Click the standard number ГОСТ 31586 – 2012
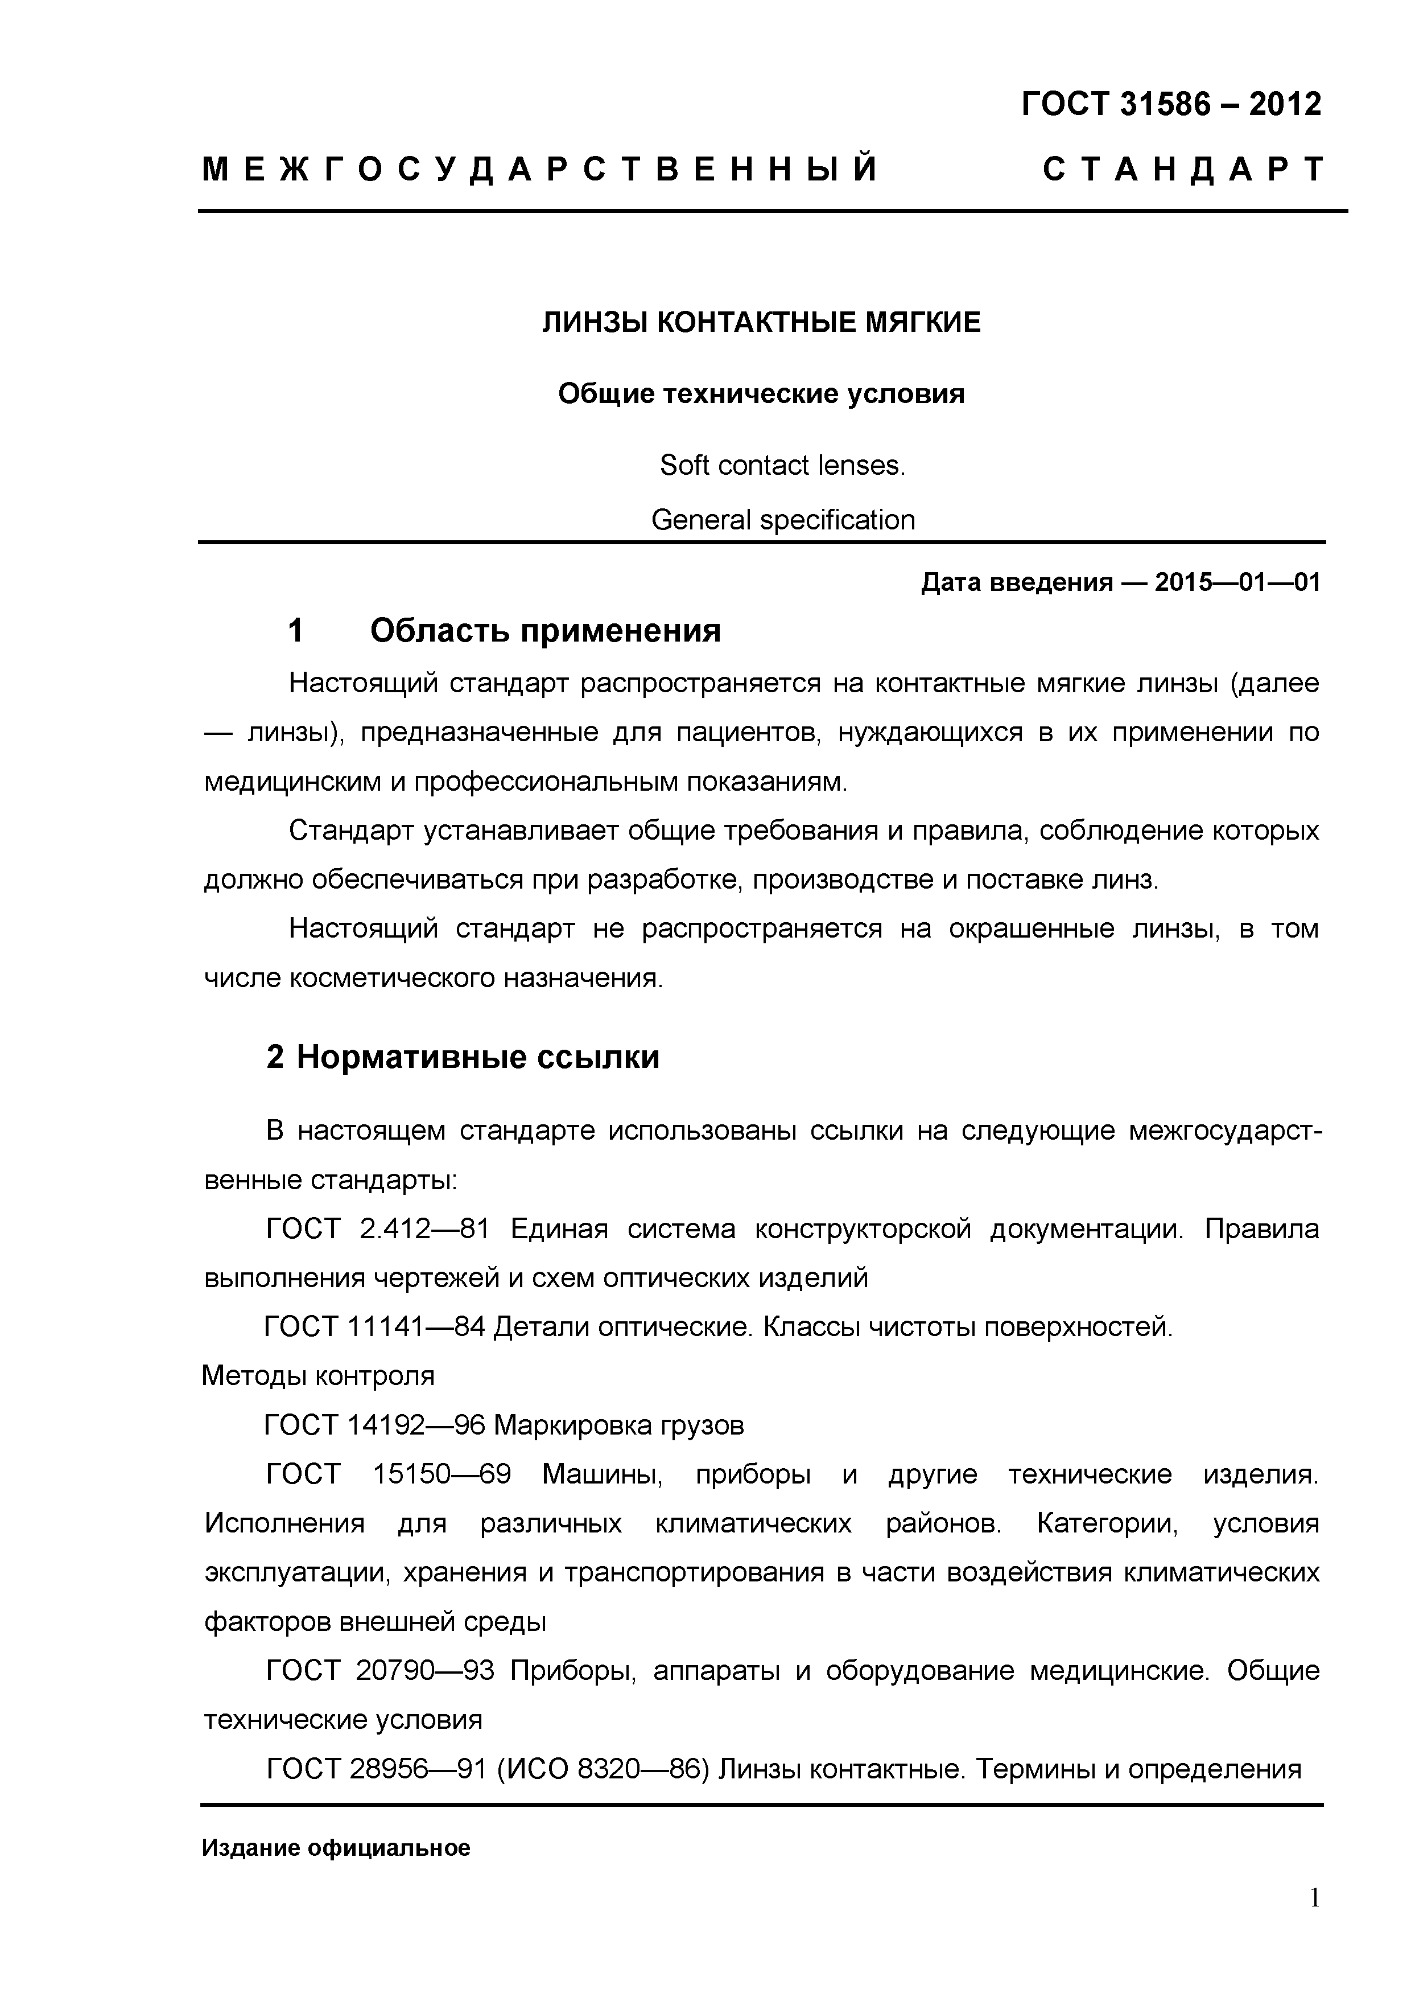coord(1171,104)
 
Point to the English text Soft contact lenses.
coord(782,465)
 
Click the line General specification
coord(782,520)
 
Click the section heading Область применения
coord(545,630)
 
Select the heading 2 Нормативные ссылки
coord(463,1057)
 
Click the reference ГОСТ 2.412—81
coord(377,1229)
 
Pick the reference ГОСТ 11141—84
coord(374,1326)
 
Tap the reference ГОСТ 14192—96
coord(374,1425)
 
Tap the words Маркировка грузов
coord(619,1425)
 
